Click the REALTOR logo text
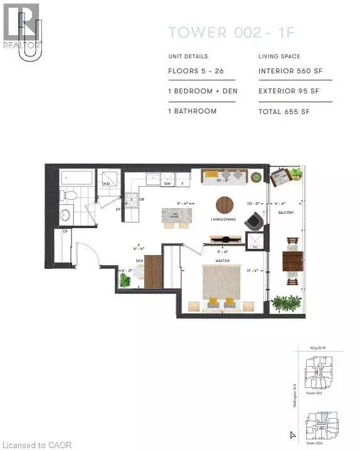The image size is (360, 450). (x=22, y=44)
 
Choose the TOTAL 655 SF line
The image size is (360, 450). (x=285, y=111)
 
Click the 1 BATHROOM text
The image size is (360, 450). (x=193, y=111)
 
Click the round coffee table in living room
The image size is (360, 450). (x=224, y=205)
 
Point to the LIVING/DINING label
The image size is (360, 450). (x=224, y=219)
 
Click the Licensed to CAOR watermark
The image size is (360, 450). (x=37, y=444)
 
